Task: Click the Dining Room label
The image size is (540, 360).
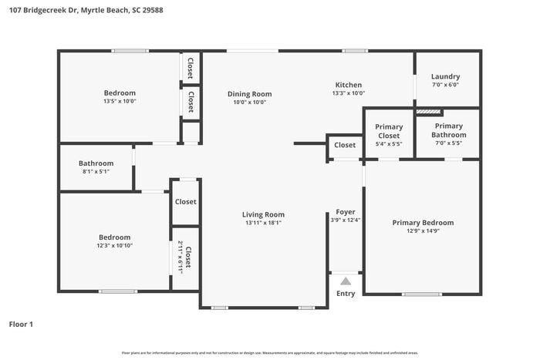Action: (x=249, y=94)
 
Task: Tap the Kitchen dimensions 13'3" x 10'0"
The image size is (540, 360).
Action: (x=348, y=93)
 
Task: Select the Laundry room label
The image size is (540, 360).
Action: (x=445, y=76)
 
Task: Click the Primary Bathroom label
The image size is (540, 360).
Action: (x=448, y=130)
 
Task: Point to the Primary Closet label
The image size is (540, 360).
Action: (x=389, y=131)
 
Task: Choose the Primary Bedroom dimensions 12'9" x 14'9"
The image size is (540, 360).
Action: (x=422, y=231)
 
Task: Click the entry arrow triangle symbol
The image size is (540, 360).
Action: (x=346, y=281)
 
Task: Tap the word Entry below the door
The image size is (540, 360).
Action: (x=346, y=294)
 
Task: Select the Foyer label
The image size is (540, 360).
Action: (x=345, y=212)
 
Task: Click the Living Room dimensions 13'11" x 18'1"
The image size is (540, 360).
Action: (x=263, y=223)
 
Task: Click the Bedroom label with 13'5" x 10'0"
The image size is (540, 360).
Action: (x=120, y=93)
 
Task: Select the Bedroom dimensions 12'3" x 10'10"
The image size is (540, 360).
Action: (x=114, y=246)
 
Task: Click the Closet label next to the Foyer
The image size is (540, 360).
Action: (x=345, y=145)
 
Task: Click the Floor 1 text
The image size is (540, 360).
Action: (x=21, y=325)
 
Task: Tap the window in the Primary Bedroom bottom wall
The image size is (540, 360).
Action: (x=422, y=294)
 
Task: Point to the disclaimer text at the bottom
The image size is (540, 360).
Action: (x=269, y=352)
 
